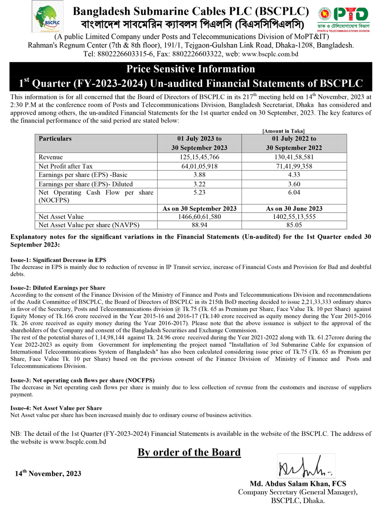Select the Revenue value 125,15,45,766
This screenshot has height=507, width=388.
(x=199, y=157)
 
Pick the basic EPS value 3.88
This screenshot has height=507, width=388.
(x=199, y=175)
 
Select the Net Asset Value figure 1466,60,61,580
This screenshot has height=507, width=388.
(x=199, y=216)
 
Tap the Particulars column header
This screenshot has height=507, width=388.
(x=55, y=138)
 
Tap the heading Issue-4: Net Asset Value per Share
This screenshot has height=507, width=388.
(x=56, y=408)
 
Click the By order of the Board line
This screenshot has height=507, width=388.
(x=189, y=452)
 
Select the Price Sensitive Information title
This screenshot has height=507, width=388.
(x=190, y=69)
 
